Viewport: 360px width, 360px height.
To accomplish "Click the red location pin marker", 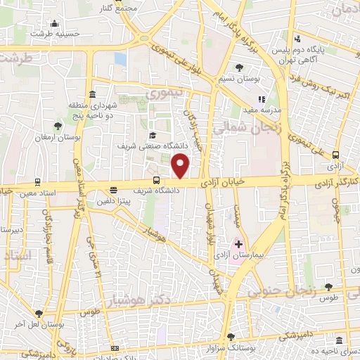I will (x=181, y=166).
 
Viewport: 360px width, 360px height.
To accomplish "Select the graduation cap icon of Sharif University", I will (x=152, y=136).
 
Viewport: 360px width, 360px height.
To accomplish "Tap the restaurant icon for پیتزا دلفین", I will (x=113, y=189).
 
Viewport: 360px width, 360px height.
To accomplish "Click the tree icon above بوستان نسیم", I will (x=240, y=68).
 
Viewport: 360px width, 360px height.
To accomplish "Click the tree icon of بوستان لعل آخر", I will (x=39, y=314).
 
